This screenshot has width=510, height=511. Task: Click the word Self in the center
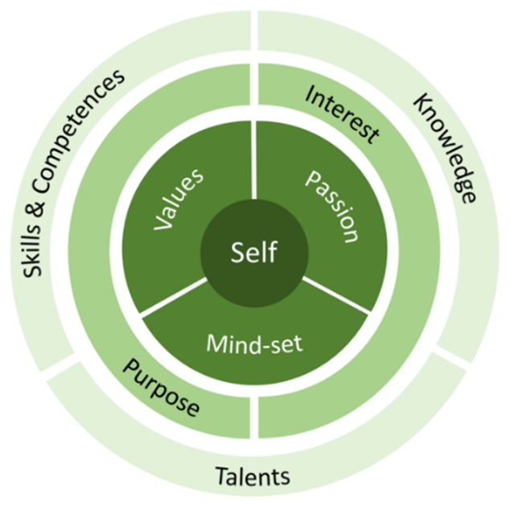253,253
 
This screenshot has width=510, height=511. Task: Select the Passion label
329,204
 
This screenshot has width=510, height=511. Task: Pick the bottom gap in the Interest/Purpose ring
253,422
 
